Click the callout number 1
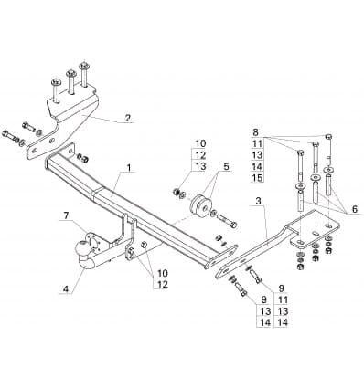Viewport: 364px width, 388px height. pyautogui.click(x=129, y=167)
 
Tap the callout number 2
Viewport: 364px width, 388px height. pyautogui.click(x=128, y=118)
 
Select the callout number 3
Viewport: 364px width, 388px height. pyautogui.click(x=259, y=201)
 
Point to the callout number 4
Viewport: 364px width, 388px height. pyautogui.click(x=66, y=289)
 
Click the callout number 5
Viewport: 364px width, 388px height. pyautogui.click(x=226, y=166)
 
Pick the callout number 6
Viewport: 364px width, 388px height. pyautogui.click(x=355, y=209)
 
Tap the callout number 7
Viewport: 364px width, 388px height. pyautogui.click(x=66, y=215)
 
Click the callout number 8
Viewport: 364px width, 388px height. pyautogui.click(x=255, y=132)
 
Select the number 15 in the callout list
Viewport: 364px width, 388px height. pyautogui.click(x=258, y=177)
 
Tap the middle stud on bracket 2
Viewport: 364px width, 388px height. pyautogui.click(x=71, y=82)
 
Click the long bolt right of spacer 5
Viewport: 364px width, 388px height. pyautogui.click(x=227, y=221)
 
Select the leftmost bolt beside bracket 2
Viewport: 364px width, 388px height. pyautogui.click(x=11, y=136)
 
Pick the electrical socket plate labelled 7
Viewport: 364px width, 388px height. pyautogui.click(x=93, y=243)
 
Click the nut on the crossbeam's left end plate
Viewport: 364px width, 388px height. pyautogui.click(x=83, y=159)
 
